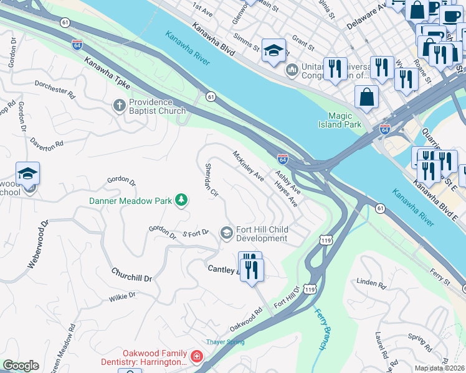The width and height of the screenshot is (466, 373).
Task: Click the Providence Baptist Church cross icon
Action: click(120, 106)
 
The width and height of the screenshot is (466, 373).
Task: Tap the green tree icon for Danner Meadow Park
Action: click(181, 200)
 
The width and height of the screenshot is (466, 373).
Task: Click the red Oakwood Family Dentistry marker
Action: click(196, 356)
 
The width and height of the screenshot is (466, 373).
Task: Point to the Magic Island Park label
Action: click(345, 120)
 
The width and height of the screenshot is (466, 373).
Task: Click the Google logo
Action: click(21, 366)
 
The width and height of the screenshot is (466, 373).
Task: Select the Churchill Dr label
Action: click(131, 274)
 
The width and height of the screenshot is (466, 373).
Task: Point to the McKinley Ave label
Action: click(248, 166)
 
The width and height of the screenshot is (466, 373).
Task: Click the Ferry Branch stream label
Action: click(321, 328)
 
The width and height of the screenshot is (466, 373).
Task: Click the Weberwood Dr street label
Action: click(37, 244)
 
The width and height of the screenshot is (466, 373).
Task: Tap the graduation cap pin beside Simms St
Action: click(273, 50)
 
